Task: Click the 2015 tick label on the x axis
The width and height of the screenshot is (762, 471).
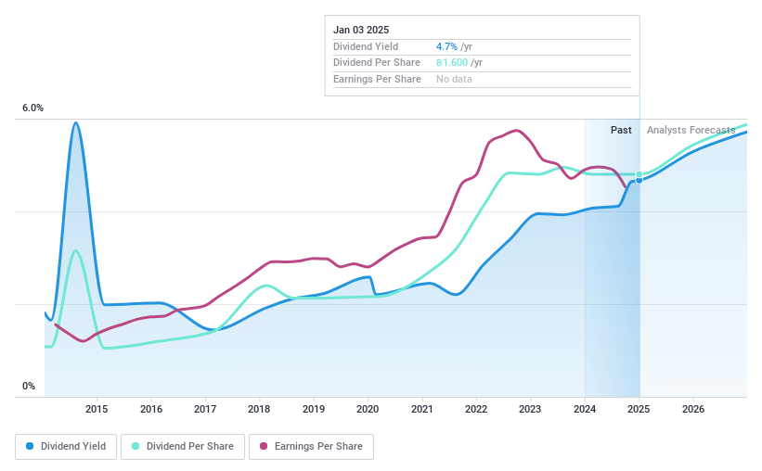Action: tap(97, 409)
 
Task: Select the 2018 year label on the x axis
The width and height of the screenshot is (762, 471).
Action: tap(259, 409)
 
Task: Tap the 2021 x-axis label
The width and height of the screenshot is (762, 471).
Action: tap(422, 409)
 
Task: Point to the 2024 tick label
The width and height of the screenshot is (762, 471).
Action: tap(585, 409)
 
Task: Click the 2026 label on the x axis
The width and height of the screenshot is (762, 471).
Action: tap(692, 409)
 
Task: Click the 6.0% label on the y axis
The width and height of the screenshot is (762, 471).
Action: tap(32, 108)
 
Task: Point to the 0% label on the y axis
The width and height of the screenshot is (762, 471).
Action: tap(29, 387)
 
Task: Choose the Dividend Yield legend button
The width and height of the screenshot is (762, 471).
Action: tap(66, 446)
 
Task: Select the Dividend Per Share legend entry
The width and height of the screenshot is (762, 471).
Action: tap(183, 446)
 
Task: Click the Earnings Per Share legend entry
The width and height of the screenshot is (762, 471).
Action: tap(311, 446)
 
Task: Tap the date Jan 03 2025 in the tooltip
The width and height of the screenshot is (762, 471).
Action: tap(361, 30)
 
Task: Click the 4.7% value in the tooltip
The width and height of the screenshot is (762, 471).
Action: tap(446, 46)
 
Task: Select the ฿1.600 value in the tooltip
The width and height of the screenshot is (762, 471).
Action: tap(452, 63)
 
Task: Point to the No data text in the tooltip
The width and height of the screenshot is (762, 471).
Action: tap(454, 80)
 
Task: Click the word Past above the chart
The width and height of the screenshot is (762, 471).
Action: tap(621, 130)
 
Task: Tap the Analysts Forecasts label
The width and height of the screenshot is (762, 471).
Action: tap(691, 130)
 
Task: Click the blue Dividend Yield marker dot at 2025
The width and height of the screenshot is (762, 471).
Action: tap(639, 180)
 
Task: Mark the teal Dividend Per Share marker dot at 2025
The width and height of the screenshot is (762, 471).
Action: tap(639, 174)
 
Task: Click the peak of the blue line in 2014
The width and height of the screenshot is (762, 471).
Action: tap(75, 122)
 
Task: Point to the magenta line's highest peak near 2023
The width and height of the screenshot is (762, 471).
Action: tap(516, 131)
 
